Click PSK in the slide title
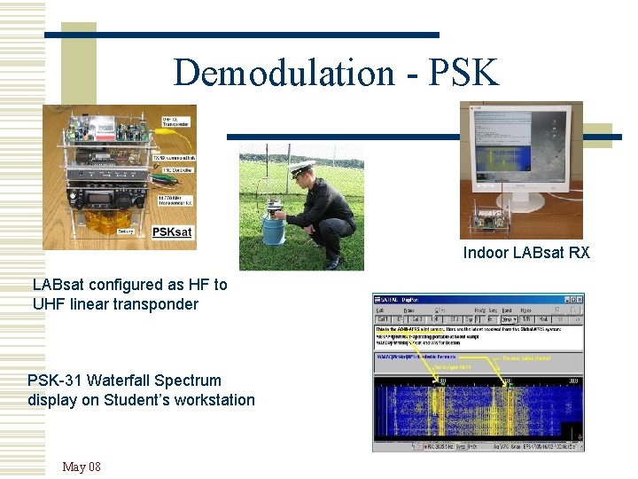(x=463, y=72)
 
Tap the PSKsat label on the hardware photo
(x=172, y=232)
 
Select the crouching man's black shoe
(x=333, y=263)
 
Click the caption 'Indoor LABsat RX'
(x=525, y=253)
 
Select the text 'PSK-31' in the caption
(x=54, y=381)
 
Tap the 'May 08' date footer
(x=82, y=467)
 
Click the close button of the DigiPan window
(x=579, y=299)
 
